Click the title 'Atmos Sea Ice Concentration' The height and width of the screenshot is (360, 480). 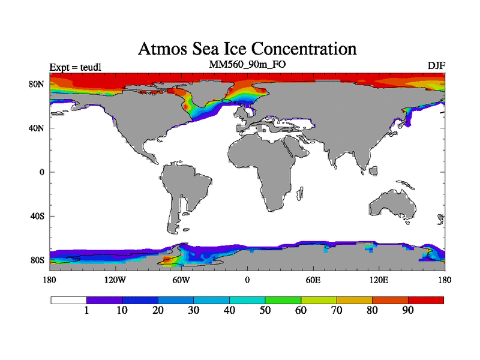247,48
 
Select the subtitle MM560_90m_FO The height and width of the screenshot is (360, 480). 247,64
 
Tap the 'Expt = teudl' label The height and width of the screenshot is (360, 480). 75,67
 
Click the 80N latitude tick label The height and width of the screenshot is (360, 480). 37,84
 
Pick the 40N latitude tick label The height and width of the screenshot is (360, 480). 37,128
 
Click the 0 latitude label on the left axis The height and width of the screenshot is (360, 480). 42,172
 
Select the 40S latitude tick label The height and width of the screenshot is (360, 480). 38,216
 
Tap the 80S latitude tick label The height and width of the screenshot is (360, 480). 38,260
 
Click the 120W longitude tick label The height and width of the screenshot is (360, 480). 115,280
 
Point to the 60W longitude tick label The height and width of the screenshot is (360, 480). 181,280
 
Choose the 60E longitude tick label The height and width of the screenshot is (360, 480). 313,280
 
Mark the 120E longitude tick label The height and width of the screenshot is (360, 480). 379,280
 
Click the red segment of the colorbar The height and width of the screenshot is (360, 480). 426,299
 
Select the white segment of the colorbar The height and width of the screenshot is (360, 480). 68,299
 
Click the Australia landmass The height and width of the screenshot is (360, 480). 393,204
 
